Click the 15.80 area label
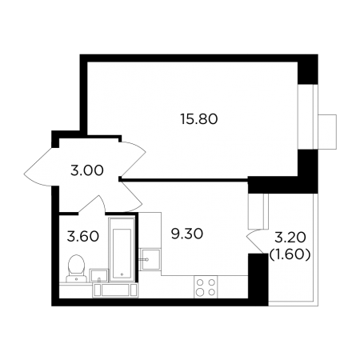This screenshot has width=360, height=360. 199,119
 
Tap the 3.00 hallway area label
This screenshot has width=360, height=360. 87,170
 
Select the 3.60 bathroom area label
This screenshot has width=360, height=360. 83,236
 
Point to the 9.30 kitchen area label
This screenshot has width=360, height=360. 187,234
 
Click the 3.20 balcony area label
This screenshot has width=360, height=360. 290,238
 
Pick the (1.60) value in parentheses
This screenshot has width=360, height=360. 290,255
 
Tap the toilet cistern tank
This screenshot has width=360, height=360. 77,278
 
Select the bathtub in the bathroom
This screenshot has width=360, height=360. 122,250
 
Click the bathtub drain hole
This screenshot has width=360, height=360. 122,274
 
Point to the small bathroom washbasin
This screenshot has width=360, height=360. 99,275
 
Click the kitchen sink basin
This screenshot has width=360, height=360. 150,259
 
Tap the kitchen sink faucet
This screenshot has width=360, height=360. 144,259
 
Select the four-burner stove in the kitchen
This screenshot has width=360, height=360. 206,286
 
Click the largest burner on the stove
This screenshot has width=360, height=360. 200,293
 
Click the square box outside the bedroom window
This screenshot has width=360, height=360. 327,132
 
